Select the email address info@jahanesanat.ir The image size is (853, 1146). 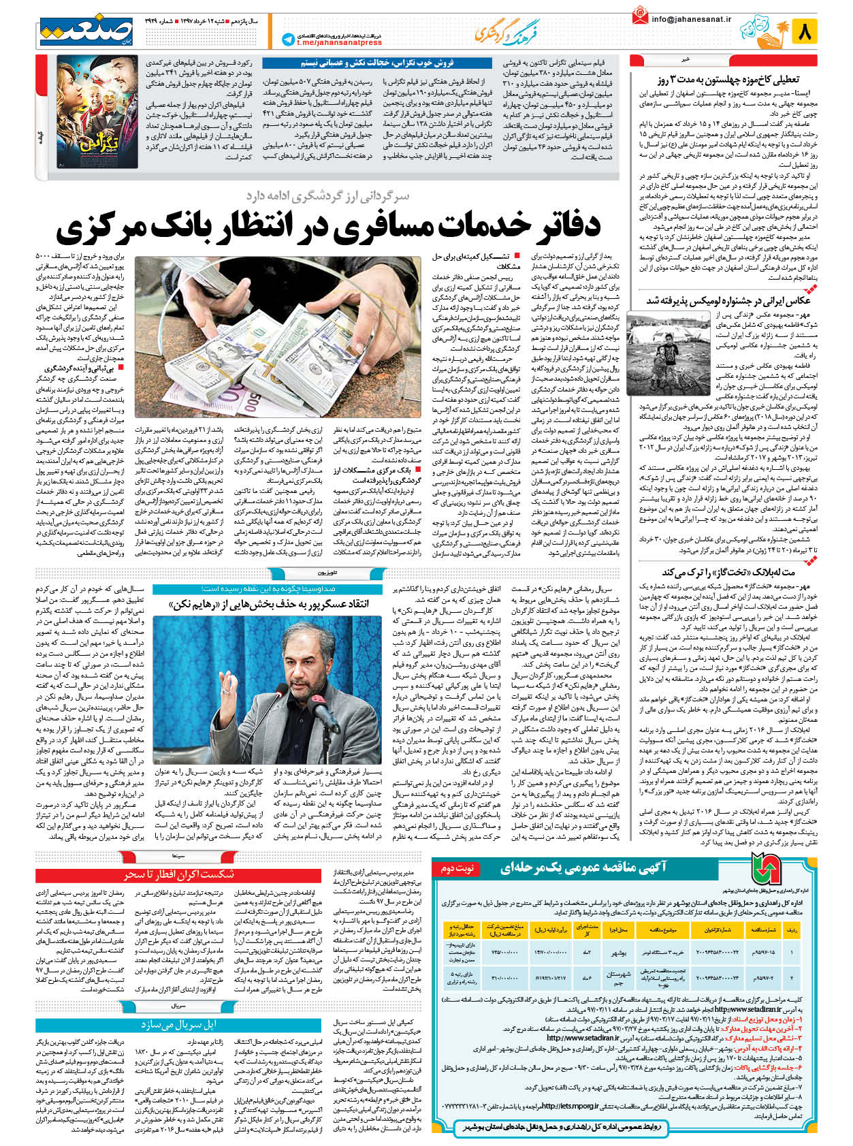click(690, 19)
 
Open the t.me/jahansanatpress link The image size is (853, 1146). click(329, 43)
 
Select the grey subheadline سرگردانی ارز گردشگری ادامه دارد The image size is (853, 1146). click(327, 196)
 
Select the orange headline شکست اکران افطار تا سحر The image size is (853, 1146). click(178, 874)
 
